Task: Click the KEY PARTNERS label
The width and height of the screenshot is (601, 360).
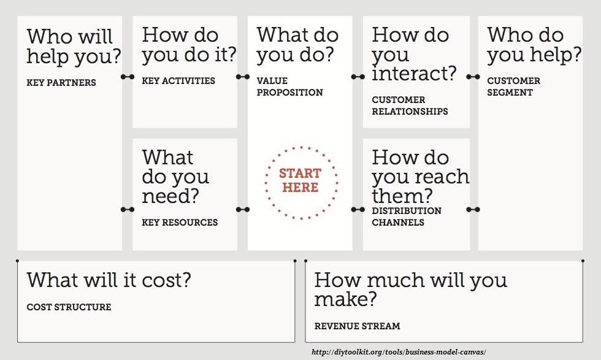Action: coord(61,82)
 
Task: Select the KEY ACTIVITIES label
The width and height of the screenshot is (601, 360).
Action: coord(178,81)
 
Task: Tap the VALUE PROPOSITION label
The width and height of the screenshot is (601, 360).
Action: coord(289,86)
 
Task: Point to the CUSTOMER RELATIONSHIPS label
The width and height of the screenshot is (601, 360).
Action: coord(410,105)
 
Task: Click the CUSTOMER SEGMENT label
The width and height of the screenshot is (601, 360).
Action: coord(514,86)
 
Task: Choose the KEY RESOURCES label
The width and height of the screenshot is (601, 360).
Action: coord(180,223)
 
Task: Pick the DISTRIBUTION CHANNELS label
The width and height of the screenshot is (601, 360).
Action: coord(407,216)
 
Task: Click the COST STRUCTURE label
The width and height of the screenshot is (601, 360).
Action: coord(69,307)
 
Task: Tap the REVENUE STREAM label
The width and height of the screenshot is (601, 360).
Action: coord(357,326)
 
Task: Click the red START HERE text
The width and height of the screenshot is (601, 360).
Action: coord(300,180)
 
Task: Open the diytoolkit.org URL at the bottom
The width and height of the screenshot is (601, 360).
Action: coord(399,352)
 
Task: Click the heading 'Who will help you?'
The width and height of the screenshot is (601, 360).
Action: coord(74,47)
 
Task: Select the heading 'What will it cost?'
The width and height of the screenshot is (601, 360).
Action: coord(109,280)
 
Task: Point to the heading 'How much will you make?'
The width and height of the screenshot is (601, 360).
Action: coord(410,289)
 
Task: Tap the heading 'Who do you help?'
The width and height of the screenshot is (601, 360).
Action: coord(534,45)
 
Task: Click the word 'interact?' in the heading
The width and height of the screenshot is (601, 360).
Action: coord(414,73)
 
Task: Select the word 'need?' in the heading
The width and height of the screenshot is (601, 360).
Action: coord(170,196)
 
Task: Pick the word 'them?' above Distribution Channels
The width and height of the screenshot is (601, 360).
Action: coord(402,196)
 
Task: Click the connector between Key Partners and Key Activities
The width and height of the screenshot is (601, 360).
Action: coord(128,77)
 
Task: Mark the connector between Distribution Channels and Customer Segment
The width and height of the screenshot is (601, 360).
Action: coord(473,209)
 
